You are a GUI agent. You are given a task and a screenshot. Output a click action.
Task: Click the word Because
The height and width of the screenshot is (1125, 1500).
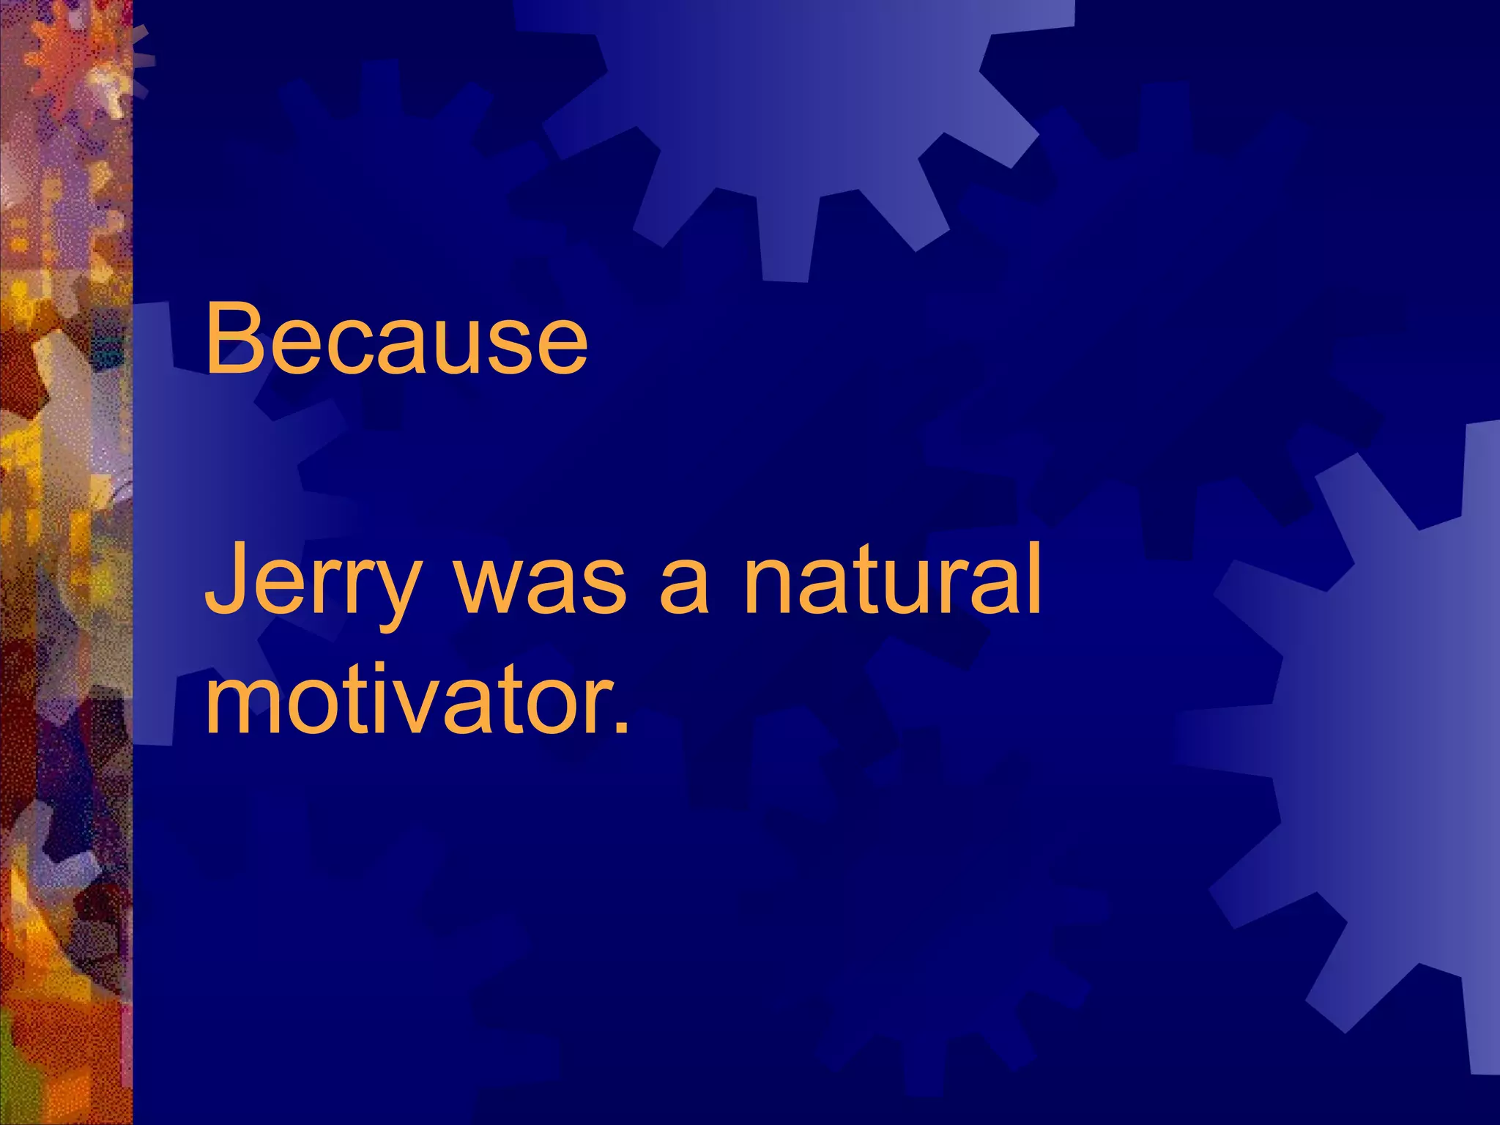click(x=396, y=341)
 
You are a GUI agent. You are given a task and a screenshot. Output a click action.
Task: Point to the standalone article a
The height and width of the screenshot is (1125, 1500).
click(x=684, y=590)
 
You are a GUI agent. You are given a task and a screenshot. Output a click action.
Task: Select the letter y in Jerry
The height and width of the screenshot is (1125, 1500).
click(x=396, y=597)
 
